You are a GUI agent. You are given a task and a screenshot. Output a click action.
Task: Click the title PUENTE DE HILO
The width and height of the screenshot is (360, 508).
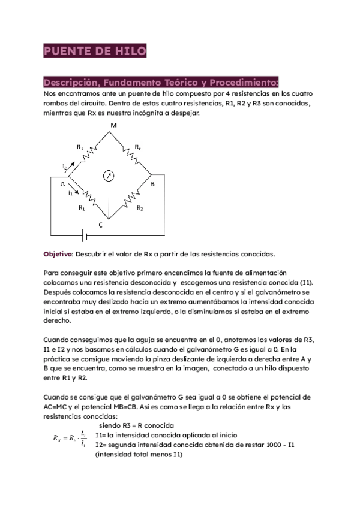coord(95,52)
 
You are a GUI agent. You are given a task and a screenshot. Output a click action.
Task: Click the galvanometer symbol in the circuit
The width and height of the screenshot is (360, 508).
coord(109,176)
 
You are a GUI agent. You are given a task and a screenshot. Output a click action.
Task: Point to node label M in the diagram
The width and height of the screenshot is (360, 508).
coord(113,125)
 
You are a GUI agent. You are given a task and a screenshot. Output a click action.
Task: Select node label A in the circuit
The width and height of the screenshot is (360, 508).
coord(62,185)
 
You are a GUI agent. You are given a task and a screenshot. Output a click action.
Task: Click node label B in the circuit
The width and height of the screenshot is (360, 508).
coord(152,185)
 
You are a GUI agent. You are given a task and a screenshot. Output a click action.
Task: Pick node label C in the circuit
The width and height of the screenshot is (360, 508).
coord(100,224)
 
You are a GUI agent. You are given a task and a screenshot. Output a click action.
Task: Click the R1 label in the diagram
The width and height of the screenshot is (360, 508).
coord(82,209)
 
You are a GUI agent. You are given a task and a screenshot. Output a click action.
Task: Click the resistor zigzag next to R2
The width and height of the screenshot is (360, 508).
coord(130,198)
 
